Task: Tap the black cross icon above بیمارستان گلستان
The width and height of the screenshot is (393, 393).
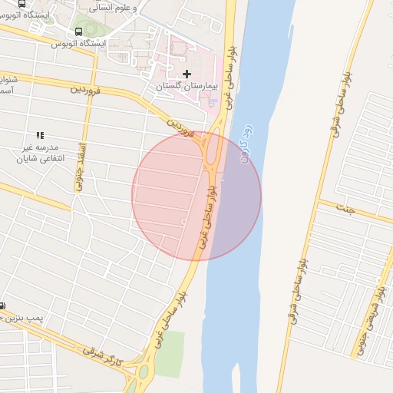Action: [187, 74]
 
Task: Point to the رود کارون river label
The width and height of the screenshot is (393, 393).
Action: [243, 144]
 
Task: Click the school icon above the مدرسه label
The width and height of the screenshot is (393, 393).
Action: [40, 135]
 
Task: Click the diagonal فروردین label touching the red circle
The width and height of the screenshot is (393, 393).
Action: [180, 127]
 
